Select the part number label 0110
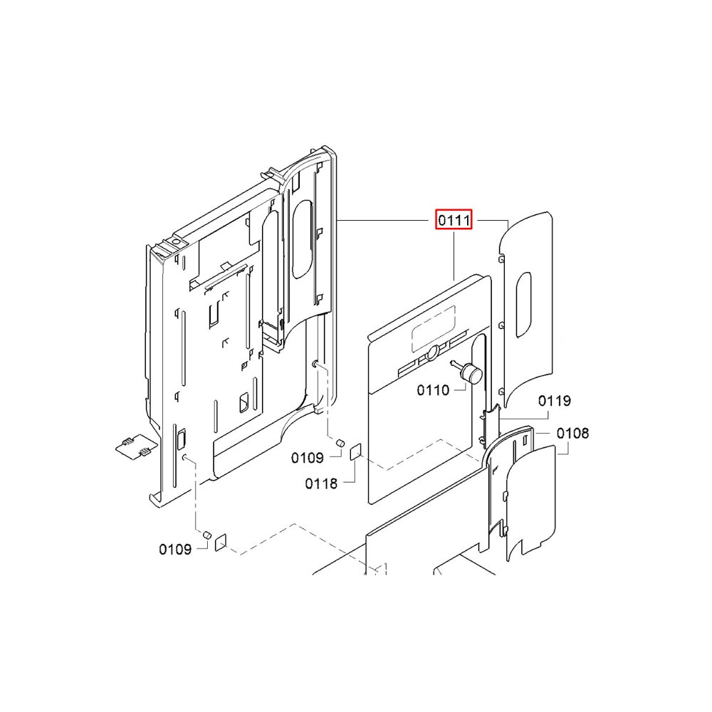click(433, 390)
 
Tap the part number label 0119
click(555, 401)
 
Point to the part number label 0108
click(572, 433)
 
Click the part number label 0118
click(322, 483)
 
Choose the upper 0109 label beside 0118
click(308, 458)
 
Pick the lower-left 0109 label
click(175, 550)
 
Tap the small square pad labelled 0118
click(355, 452)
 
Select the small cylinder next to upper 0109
click(340, 443)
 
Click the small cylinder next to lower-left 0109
click(207, 534)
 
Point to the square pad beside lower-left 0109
click(220, 542)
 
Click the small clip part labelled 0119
click(491, 423)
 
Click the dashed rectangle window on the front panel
click(433, 328)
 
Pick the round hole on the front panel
click(433, 351)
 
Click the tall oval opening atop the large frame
click(302, 239)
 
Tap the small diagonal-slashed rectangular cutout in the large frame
click(244, 402)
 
